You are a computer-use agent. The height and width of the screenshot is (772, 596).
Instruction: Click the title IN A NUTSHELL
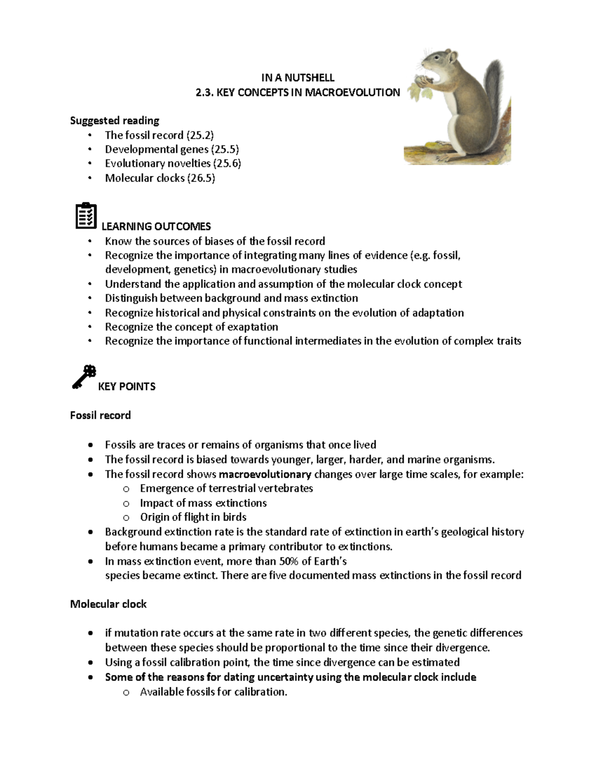(298, 78)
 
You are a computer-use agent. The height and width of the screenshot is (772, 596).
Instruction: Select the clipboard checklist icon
(86, 216)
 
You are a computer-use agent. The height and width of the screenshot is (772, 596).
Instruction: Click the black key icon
(83, 377)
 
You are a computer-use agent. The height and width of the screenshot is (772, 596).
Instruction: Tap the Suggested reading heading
(115, 120)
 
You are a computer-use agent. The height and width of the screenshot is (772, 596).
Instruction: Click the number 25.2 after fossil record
(200, 135)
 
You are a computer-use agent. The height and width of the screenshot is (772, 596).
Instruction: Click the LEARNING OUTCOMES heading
(156, 227)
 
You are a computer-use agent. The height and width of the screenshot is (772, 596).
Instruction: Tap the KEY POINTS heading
(127, 386)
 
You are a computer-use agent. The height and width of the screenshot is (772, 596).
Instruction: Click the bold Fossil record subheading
(100, 415)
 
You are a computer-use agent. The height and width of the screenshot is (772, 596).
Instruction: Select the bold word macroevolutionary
(265, 474)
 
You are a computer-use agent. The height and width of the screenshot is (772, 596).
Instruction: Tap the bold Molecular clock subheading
(108, 604)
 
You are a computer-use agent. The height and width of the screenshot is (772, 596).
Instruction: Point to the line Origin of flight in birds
(193, 517)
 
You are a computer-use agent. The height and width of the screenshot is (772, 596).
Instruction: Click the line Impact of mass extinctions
(203, 503)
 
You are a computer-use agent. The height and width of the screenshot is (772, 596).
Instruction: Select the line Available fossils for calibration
(214, 691)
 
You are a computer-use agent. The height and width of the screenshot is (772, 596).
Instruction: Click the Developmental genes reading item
(172, 149)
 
